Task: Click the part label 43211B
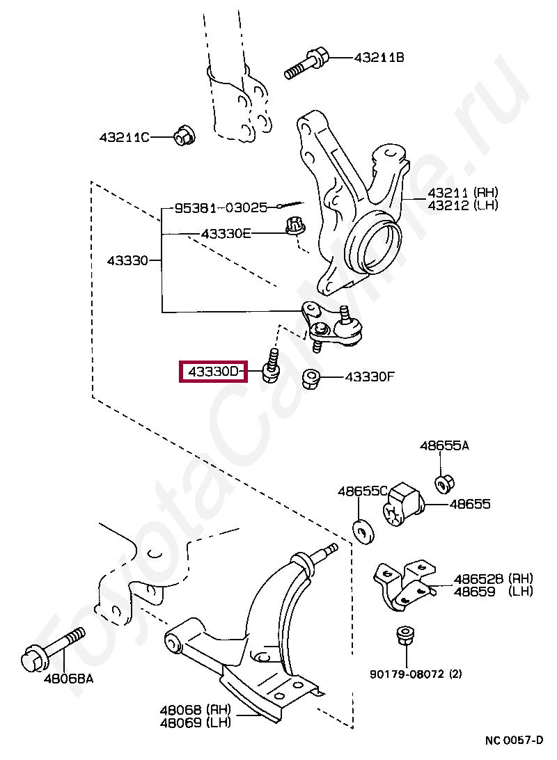tap(378, 58)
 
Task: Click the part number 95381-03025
tap(220, 207)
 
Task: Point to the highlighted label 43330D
tap(213, 372)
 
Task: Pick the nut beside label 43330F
tap(311, 379)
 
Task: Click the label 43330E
tap(225, 234)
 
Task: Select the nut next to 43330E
tap(295, 226)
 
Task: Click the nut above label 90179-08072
tap(402, 636)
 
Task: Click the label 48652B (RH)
tap(493, 578)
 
